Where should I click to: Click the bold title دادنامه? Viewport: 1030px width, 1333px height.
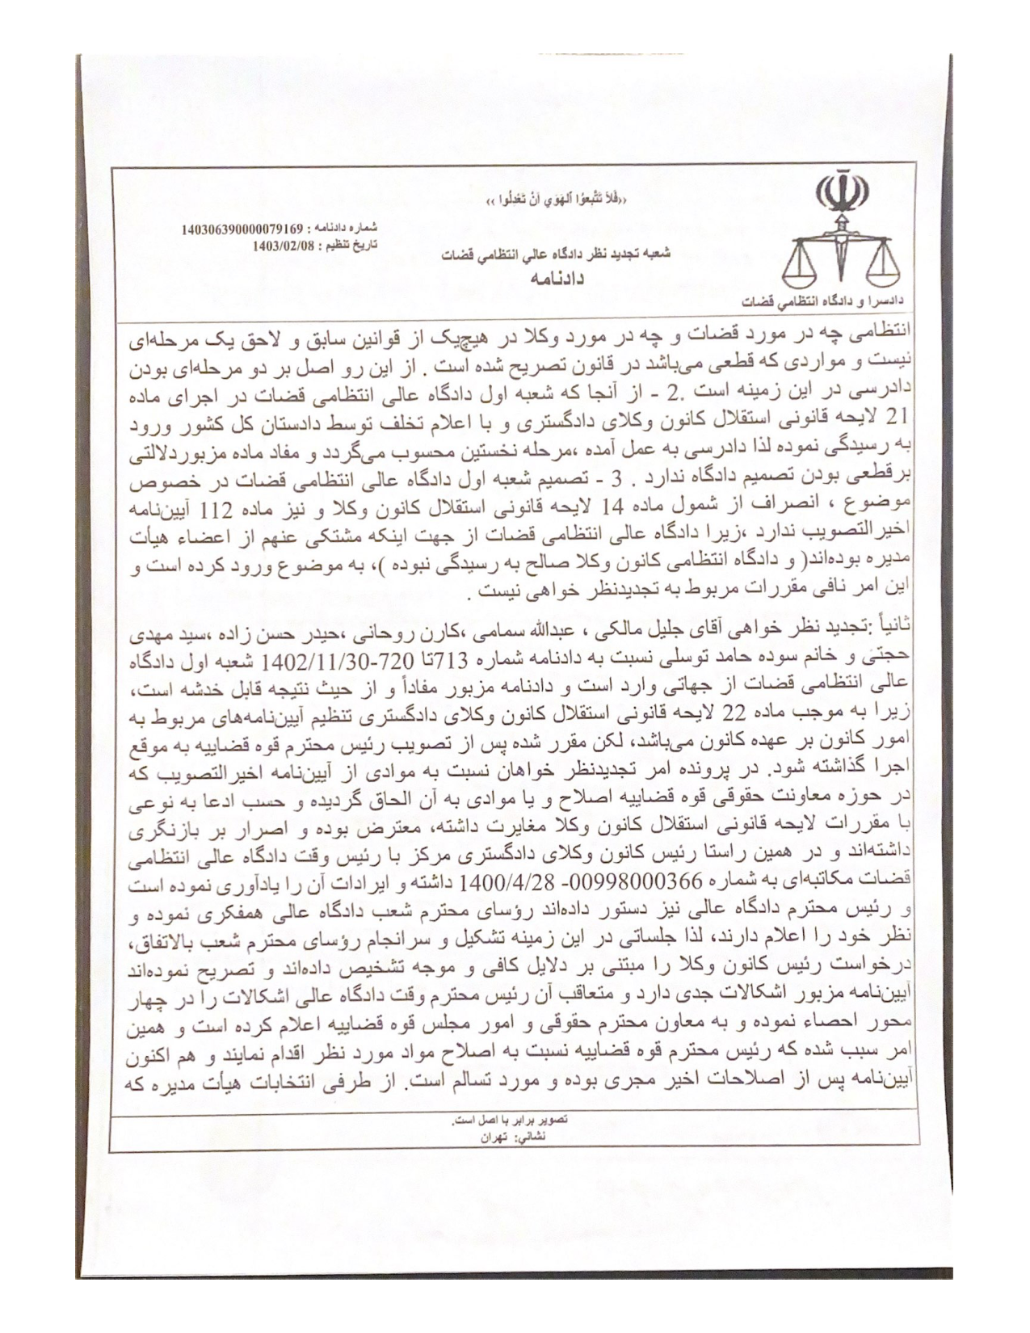pyautogui.click(x=557, y=277)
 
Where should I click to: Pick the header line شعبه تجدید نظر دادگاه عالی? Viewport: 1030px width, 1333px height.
pyautogui.click(x=557, y=254)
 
